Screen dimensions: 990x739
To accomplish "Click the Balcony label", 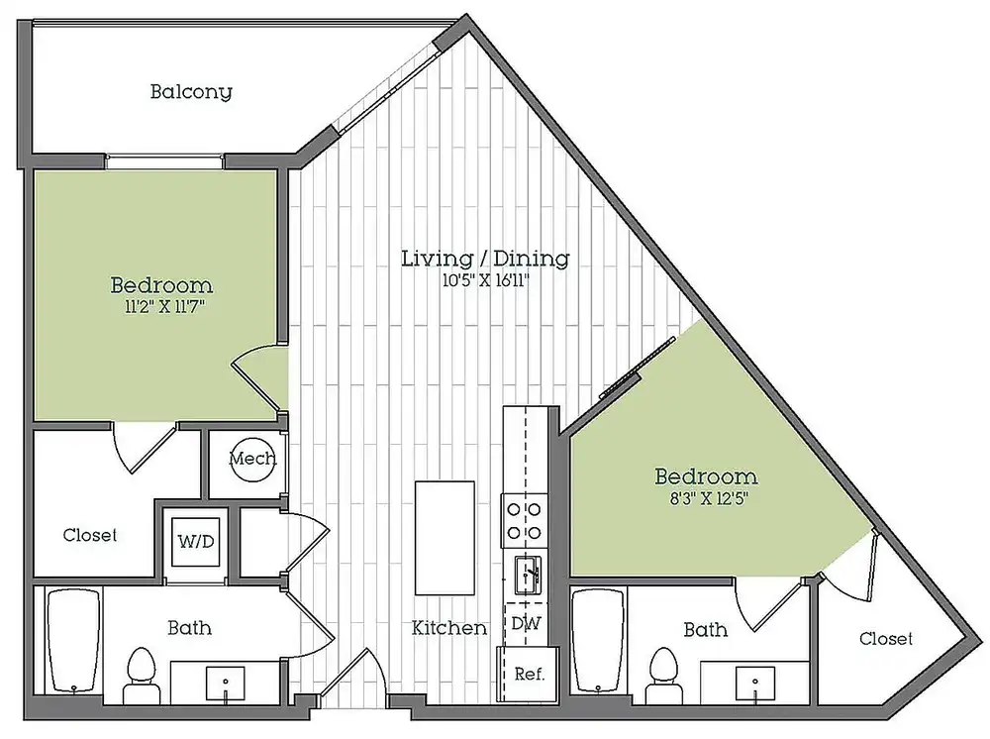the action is pos(191,92).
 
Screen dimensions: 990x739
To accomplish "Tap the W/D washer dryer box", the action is pos(196,541).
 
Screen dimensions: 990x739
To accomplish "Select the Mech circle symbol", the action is pos(251,460).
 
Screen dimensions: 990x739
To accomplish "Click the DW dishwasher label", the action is pos(526,623).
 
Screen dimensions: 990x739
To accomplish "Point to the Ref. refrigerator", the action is pos(529,674).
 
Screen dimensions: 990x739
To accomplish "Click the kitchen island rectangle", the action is pos(445,538).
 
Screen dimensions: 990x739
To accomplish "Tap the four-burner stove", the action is pos(525,521).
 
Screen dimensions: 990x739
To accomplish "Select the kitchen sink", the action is pos(528,575).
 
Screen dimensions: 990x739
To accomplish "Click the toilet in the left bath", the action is pos(142,676).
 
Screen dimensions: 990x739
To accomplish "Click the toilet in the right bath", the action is pos(663,676).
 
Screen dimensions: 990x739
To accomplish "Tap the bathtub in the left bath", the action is pos(74,641).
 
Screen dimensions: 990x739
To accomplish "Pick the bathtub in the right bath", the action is pos(598,641).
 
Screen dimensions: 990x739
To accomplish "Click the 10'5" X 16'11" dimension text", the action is pos(485,280).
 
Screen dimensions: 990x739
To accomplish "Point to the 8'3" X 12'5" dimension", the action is pos(709,498).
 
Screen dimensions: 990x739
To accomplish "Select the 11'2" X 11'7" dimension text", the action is pos(164,308).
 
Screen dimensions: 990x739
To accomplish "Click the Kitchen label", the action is pos(448,628).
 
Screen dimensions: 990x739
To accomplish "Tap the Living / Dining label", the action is pos(485,259).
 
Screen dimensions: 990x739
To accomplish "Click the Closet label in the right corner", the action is pos(886,639).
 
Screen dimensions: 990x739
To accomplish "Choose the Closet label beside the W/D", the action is pos(90,535).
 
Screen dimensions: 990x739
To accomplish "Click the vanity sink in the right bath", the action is pos(755,683).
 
